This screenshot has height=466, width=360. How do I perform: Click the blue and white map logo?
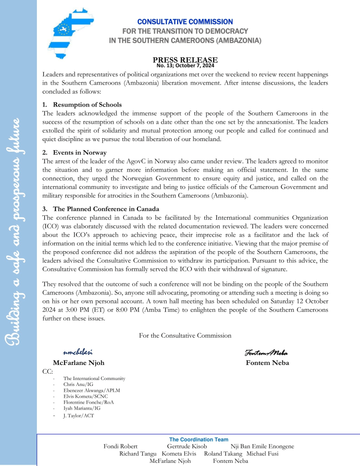click(68, 35)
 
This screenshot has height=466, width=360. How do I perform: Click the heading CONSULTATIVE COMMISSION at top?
click(185, 22)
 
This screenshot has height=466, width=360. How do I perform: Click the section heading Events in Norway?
click(80, 152)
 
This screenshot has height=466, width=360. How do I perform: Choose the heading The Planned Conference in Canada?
click(106, 209)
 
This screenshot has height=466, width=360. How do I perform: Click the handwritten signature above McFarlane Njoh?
click(78, 352)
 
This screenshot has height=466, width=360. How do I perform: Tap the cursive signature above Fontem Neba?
click(266, 353)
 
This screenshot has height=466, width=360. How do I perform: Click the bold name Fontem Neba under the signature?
click(267, 363)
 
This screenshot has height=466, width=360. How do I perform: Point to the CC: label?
click(47, 371)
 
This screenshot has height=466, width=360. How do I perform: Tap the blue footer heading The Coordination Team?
click(198, 440)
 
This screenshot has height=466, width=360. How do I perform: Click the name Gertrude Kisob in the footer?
click(187, 446)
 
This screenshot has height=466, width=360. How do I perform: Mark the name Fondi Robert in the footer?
click(121, 446)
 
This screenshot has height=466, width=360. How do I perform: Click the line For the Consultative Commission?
click(185, 335)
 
